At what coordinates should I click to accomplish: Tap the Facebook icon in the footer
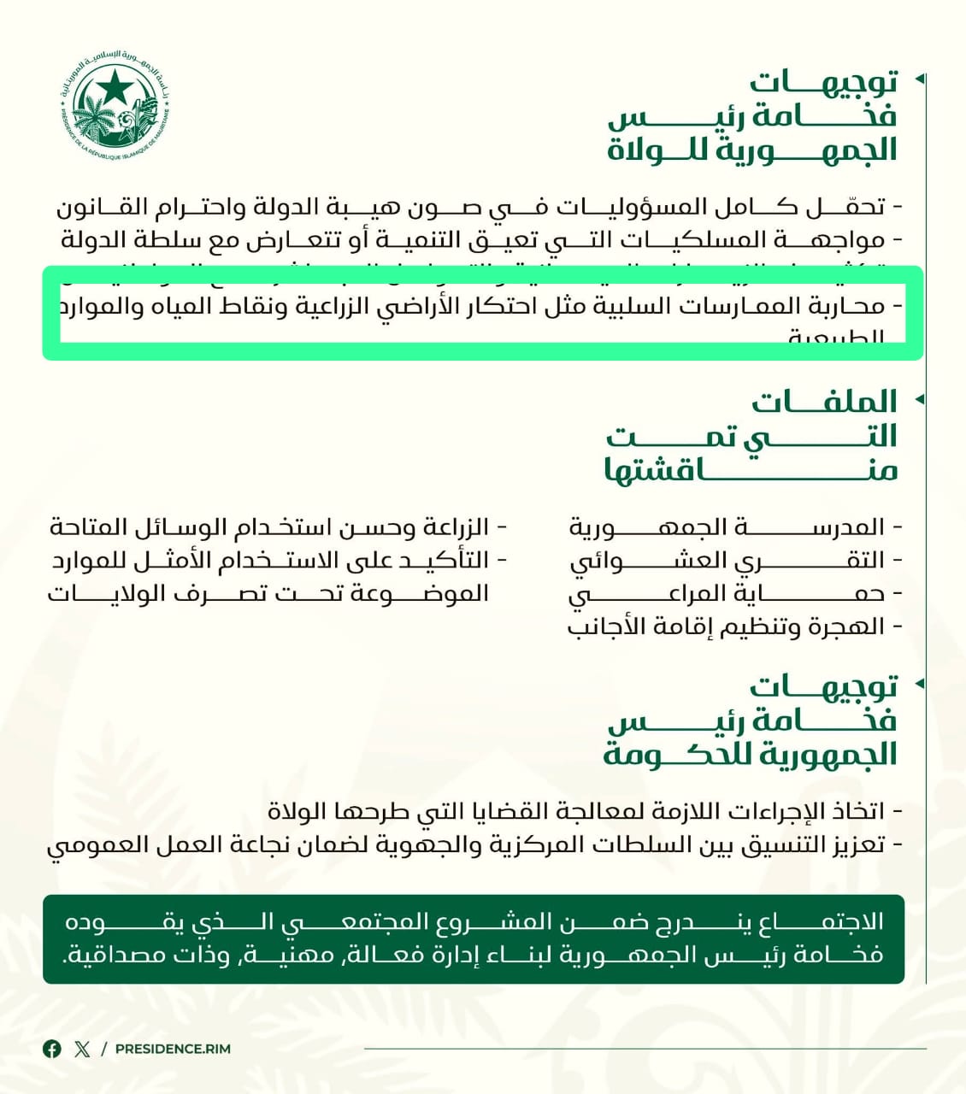pyautogui.click(x=52, y=1049)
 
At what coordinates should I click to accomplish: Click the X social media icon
pyautogui.click(x=82, y=1049)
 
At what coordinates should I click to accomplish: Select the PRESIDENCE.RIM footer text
pyautogui.click(x=173, y=1049)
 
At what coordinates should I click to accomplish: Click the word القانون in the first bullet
pyautogui.click(x=97, y=207)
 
